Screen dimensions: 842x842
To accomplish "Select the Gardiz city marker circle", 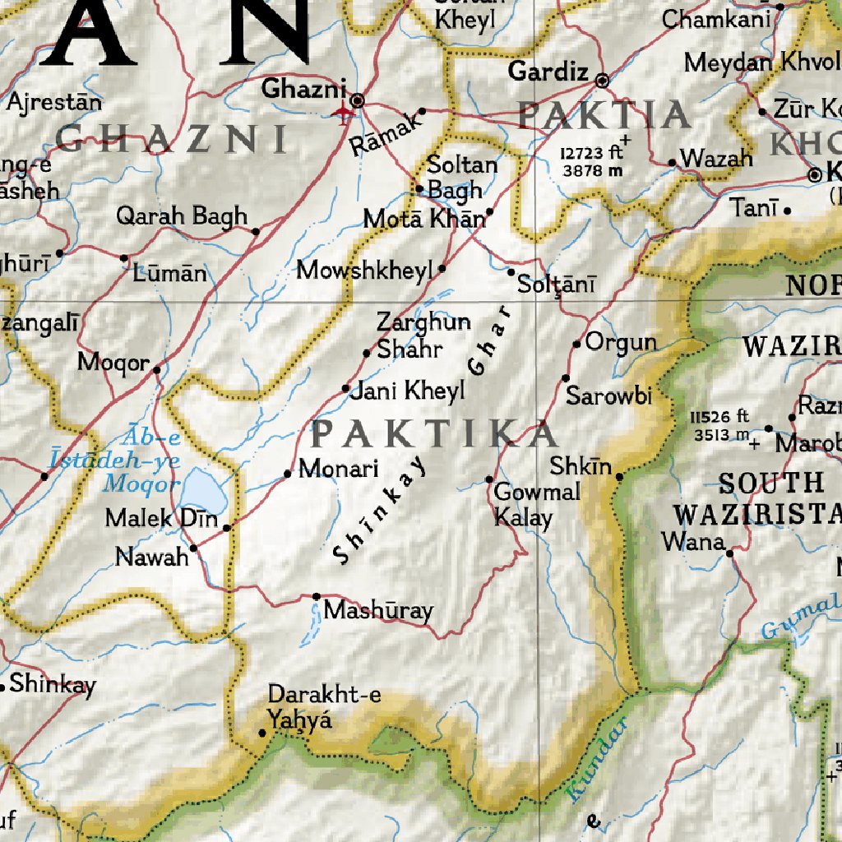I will (x=602, y=81).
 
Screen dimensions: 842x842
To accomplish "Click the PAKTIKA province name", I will (x=434, y=433).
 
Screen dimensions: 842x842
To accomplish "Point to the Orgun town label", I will (x=621, y=342).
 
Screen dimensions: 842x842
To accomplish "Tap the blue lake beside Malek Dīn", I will (x=200, y=491).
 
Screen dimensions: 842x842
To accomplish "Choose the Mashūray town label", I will (x=378, y=610).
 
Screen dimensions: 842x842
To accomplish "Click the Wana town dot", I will (x=729, y=553).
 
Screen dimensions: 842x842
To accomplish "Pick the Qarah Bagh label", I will (x=181, y=216).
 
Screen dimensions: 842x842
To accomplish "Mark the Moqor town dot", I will (x=156, y=369).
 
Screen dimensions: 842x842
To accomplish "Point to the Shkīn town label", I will (x=581, y=467).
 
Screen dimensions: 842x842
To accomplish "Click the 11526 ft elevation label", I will (x=720, y=425).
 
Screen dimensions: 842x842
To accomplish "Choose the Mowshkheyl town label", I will (x=364, y=270).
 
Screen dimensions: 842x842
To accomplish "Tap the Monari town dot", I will (x=288, y=474).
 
